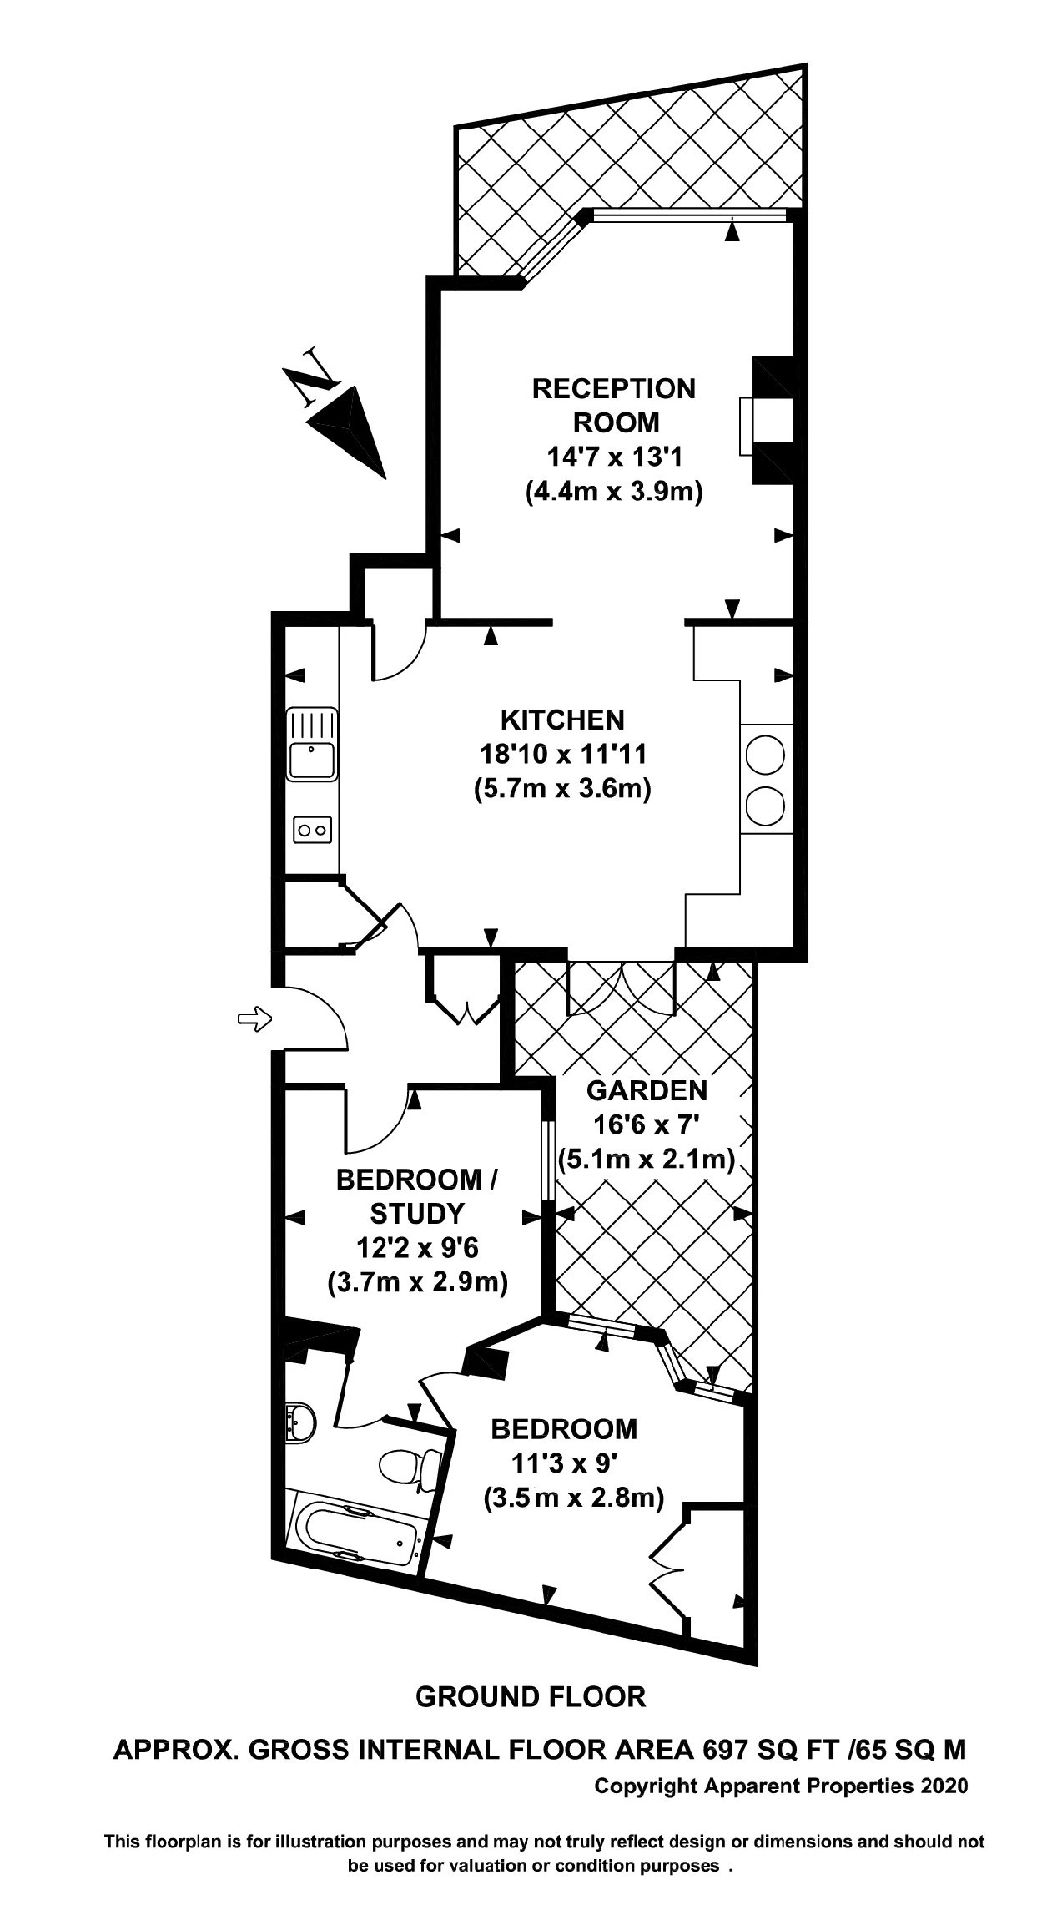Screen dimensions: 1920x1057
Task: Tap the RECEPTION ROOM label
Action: [613, 406]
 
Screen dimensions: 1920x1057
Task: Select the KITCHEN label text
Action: [561, 720]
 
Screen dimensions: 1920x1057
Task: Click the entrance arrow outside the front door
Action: [254, 1018]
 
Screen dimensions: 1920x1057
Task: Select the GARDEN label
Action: [647, 1090]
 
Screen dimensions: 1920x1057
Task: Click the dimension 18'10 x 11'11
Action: [563, 754]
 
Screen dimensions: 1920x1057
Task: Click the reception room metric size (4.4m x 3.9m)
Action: [614, 491]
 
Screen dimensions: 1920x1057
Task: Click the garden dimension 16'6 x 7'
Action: [647, 1124]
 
